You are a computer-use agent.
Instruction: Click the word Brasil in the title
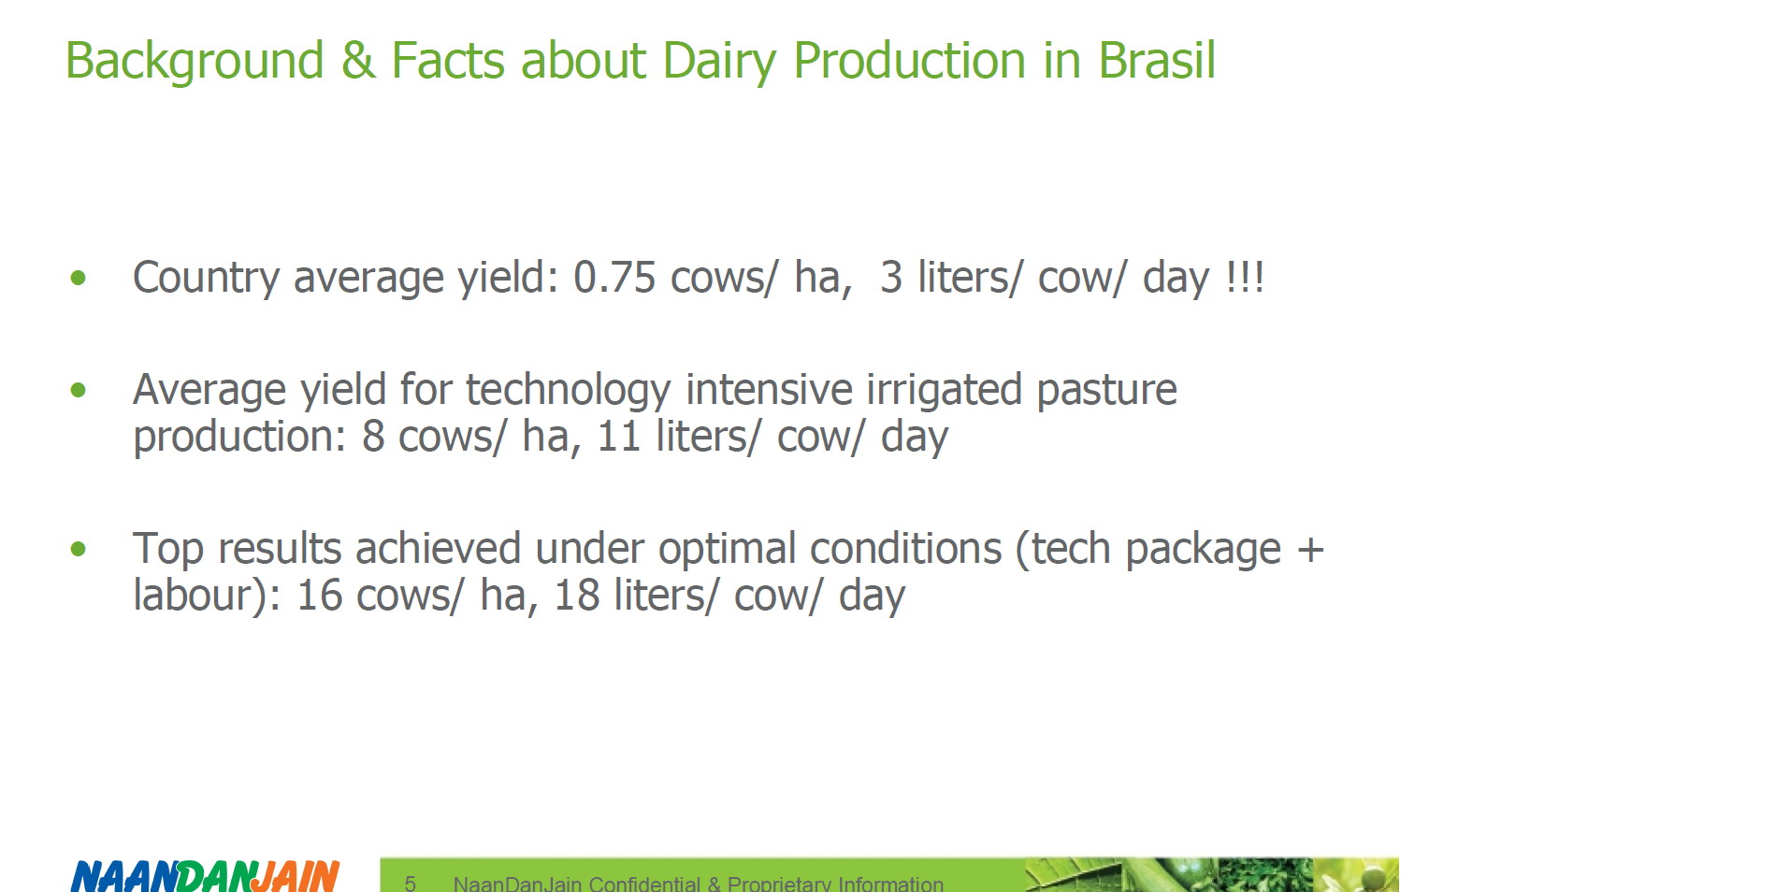[1157, 61]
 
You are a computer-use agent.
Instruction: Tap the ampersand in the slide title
[358, 61]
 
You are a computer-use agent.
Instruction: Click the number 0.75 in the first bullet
[614, 278]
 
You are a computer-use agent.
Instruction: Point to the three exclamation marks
[1245, 278]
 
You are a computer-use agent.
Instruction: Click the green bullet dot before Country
[79, 278]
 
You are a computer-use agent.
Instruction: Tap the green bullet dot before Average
[79, 390]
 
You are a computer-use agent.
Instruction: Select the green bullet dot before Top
[79, 549]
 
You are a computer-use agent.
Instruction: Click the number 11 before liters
[618, 437]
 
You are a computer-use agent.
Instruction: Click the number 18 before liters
[577, 596]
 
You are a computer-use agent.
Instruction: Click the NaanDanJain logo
[206, 875]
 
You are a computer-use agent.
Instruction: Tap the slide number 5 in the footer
[410, 884]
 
